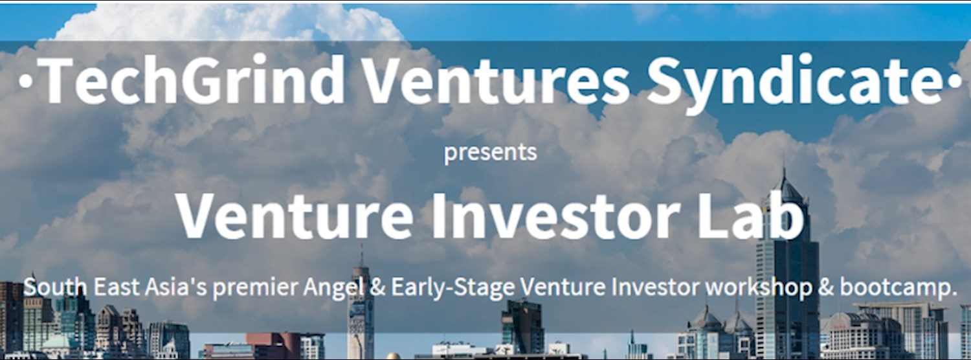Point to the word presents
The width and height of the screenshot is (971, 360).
tap(490, 153)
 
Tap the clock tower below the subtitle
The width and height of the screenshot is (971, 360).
tap(359, 324)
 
